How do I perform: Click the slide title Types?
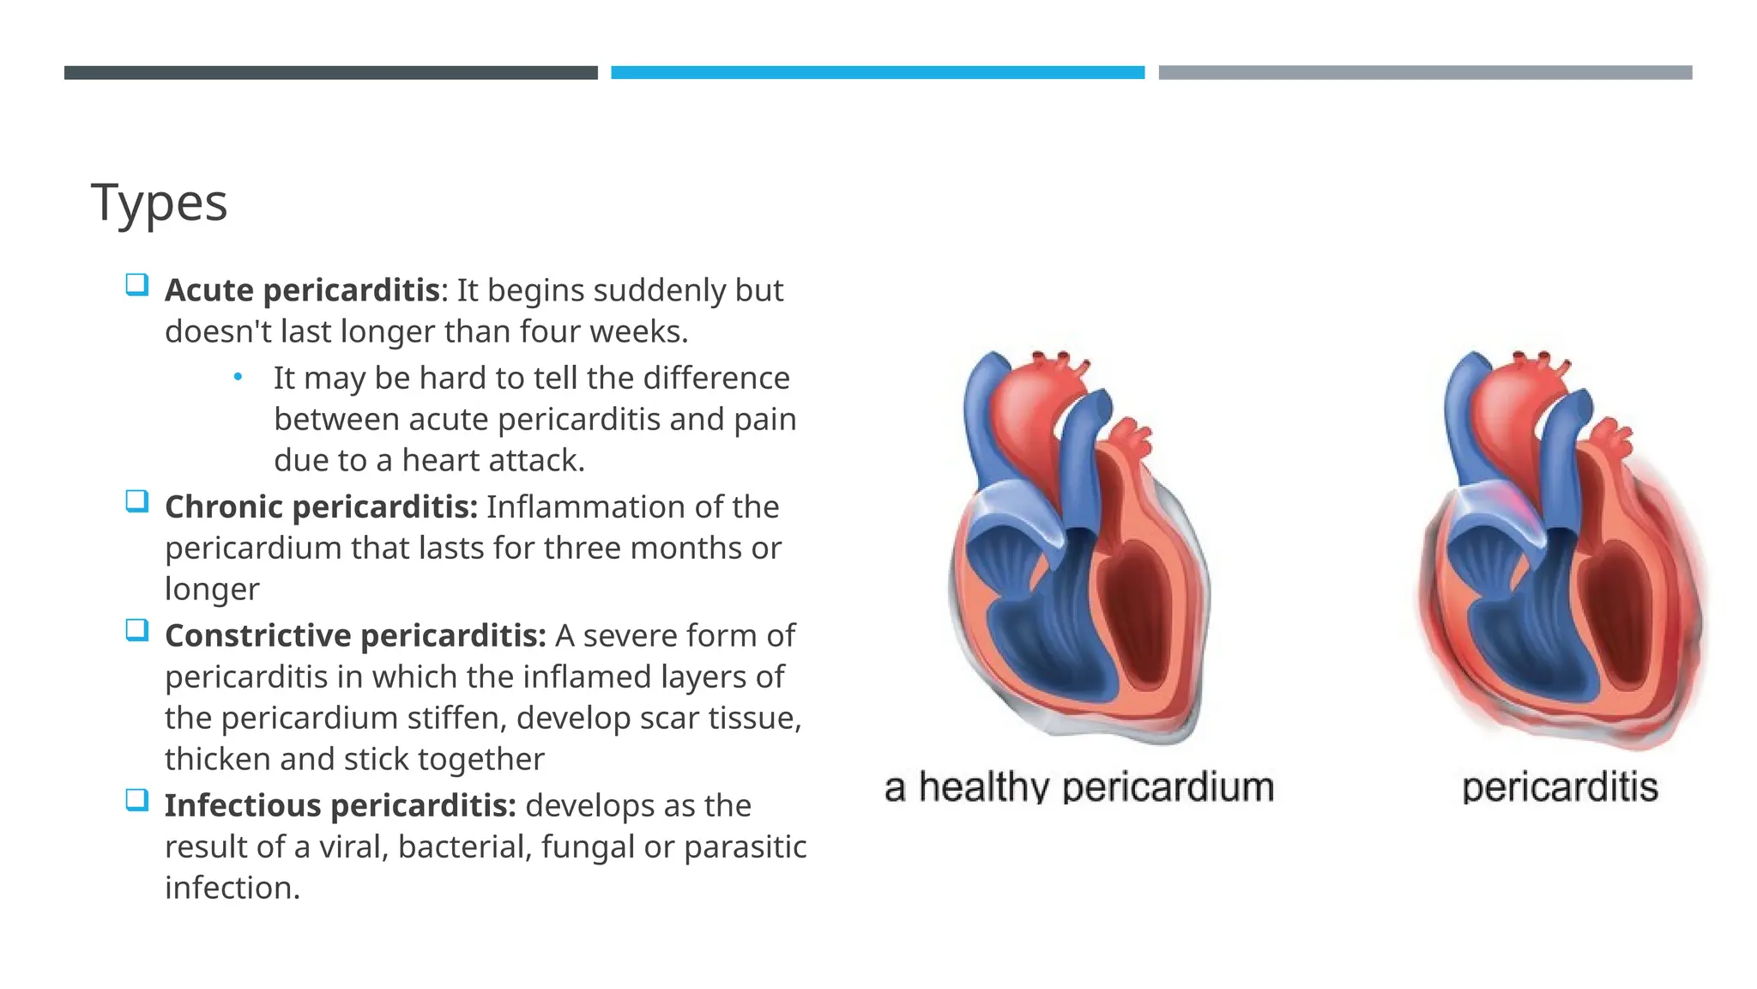pos(160,203)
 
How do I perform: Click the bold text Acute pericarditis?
pos(302,290)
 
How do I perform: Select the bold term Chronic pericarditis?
pos(320,507)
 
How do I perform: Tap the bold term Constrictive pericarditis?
pos(355,635)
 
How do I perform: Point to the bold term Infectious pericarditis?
pos(340,805)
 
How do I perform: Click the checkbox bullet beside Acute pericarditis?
pos(136,284)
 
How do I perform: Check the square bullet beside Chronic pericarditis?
pos(136,501)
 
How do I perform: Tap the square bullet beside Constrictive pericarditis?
pos(136,630)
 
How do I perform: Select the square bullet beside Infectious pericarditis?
pos(136,800)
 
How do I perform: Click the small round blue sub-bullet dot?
pos(238,377)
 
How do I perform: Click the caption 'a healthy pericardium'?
pos(1078,787)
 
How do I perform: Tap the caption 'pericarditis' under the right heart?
pos(1560,787)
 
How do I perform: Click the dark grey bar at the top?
pos(330,73)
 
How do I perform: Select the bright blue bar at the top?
pos(878,73)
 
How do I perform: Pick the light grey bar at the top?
pos(1425,73)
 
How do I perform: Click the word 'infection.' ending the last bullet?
pos(232,888)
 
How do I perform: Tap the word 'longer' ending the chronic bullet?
pos(212,590)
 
